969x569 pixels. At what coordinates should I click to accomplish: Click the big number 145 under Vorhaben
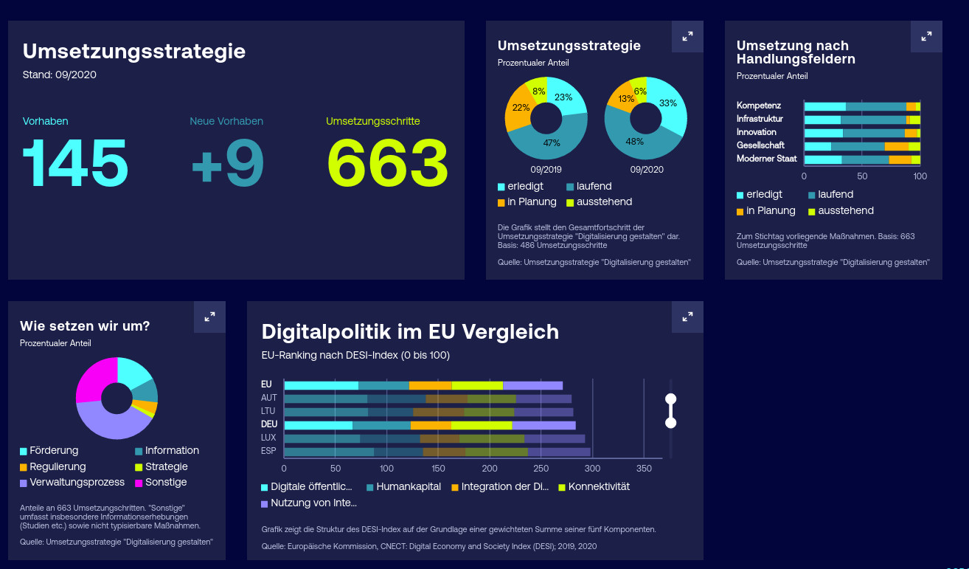point(76,163)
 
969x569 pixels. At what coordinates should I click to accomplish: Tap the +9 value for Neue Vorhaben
point(227,163)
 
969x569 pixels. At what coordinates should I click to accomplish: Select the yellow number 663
point(387,163)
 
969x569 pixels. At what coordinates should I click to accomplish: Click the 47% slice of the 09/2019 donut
point(549,143)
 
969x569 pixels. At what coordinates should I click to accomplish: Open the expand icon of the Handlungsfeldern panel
point(926,36)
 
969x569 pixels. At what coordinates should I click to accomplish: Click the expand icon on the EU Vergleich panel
point(687,317)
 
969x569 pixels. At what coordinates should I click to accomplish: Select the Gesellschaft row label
point(760,145)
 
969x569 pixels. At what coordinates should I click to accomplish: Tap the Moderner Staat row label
point(766,159)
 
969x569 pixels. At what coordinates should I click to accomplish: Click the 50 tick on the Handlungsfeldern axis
point(862,176)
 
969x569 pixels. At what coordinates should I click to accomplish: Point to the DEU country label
point(269,424)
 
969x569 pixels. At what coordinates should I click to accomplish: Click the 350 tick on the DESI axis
point(644,469)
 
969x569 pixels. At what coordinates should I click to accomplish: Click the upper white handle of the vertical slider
point(670,399)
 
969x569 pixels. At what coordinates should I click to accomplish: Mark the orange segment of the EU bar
point(430,385)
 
